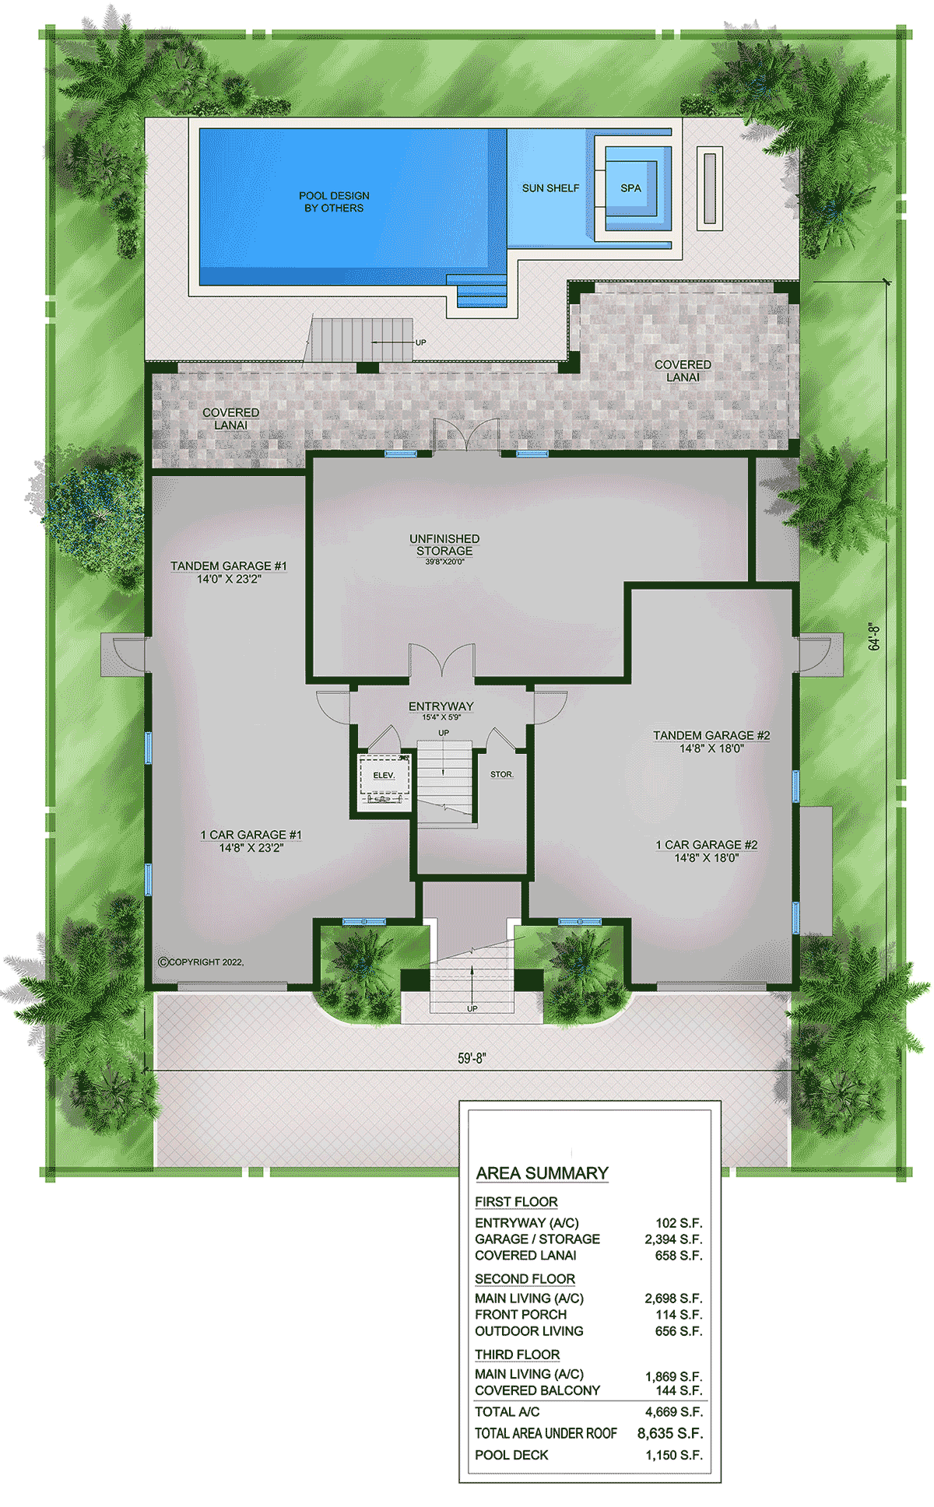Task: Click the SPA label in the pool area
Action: tap(630, 188)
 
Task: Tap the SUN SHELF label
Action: tap(550, 188)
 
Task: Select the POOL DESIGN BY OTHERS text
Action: tap(334, 202)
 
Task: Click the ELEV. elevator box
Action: tap(384, 782)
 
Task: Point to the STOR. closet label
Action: tap(502, 774)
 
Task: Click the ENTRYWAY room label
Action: tap(441, 706)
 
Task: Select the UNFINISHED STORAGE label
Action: tap(444, 545)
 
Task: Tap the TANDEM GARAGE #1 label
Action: tap(229, 566)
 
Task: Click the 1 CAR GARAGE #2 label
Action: tap(706, 845)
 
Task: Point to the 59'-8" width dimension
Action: tap(472, 1058)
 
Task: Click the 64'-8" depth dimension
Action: tap(874, 636)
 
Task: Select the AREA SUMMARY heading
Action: tap(542, 1173)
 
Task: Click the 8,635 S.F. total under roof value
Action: tap(670, 1433)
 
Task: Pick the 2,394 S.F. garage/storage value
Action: tap(673, 1239)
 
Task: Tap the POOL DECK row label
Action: tap(511, 1455)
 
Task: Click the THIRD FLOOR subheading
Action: tap(518, 1355)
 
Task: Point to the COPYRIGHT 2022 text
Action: tap(201, 962)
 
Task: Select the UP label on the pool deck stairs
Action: tap(420, 342)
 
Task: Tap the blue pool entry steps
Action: tap(481, 291)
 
